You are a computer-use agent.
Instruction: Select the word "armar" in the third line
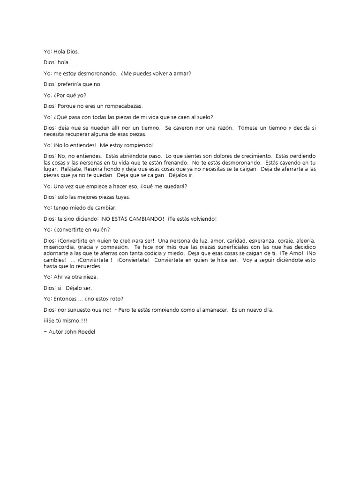coord(182,73)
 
